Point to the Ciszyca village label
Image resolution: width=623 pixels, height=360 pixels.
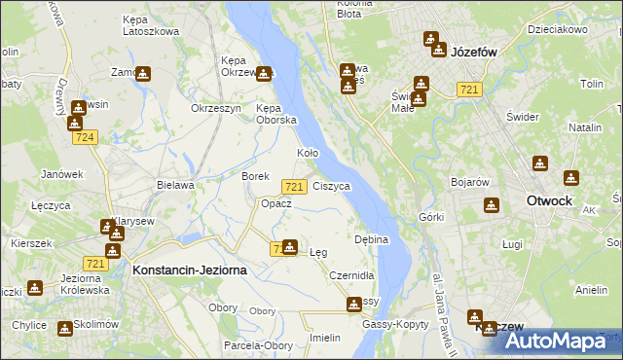(332, 185)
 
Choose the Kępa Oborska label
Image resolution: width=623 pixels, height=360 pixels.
(275, 114)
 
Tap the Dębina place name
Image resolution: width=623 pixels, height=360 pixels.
(372, 239)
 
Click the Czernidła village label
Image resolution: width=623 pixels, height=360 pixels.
(351, 275)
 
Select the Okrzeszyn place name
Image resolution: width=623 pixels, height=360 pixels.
(215, 108)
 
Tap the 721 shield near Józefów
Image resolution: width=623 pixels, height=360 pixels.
(470, 90)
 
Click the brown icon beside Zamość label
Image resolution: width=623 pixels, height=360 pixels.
(143, 73)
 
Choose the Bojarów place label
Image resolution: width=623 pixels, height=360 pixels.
(468, 182)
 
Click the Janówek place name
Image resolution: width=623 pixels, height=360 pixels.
(59, 174)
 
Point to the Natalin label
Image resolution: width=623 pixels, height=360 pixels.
(585, 127)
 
